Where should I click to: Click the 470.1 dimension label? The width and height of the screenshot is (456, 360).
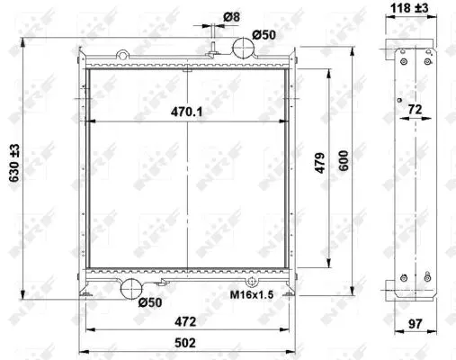186,112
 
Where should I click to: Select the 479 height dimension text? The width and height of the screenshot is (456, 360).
320,163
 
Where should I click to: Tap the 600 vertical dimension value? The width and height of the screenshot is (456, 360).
344,160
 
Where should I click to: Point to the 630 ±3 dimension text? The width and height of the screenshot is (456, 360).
14,163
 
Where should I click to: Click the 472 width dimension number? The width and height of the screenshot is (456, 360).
185,321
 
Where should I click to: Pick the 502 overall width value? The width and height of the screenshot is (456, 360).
185,343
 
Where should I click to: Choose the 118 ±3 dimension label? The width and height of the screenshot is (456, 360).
409,8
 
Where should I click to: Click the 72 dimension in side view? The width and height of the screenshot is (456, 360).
415,110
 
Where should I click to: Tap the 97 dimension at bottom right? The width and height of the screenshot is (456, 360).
416,324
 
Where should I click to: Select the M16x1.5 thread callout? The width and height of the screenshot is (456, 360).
252,294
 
